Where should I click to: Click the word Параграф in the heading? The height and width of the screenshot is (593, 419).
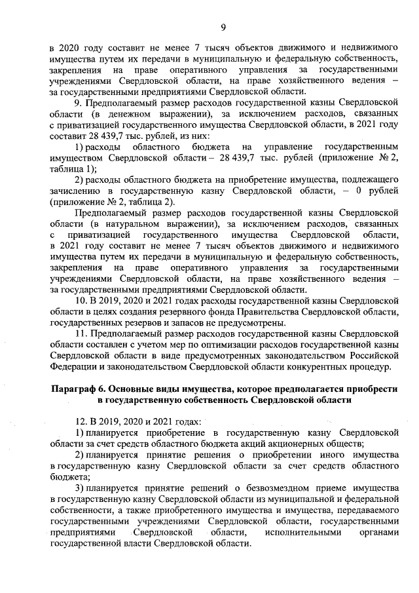[x=76, y=389]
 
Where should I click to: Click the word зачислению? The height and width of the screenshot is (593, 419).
[x=78, y=191]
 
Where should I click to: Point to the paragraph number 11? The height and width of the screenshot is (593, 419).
[x=81, y=334]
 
